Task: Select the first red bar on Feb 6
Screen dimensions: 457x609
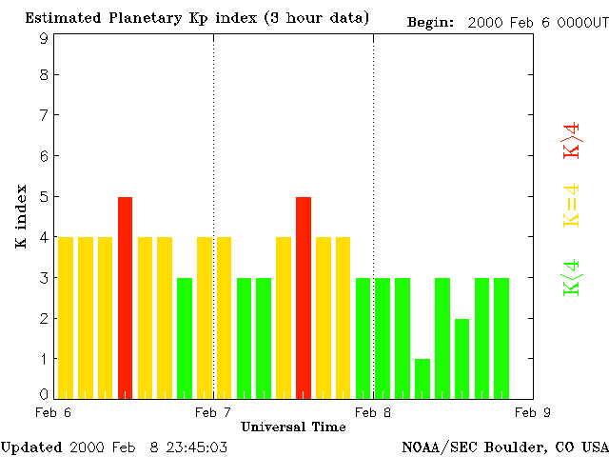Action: (x=125, y=297)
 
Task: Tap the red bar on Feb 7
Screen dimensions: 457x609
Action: (x=304, y=297)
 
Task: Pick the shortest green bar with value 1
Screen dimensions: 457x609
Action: (x=422, y=378)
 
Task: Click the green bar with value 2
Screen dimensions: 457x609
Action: (x=462, y=358)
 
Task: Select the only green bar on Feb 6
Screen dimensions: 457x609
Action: (x=185, y=338)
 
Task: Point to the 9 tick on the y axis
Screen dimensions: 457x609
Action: (x=44, y=38)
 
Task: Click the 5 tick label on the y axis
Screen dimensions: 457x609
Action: (x=44, y=197)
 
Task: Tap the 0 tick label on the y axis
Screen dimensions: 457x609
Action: (x=44, y=393)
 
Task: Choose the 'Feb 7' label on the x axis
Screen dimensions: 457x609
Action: (x=213, y=412)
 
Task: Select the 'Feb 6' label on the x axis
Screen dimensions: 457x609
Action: (x=53, y=412)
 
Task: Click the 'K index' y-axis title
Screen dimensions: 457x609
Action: (x=21, y=217)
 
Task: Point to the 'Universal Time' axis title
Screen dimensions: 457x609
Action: (x=293, y=427)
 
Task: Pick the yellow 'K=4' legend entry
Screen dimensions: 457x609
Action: (x=571, y=205)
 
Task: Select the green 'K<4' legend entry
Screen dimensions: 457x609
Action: (x=571, y=277)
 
